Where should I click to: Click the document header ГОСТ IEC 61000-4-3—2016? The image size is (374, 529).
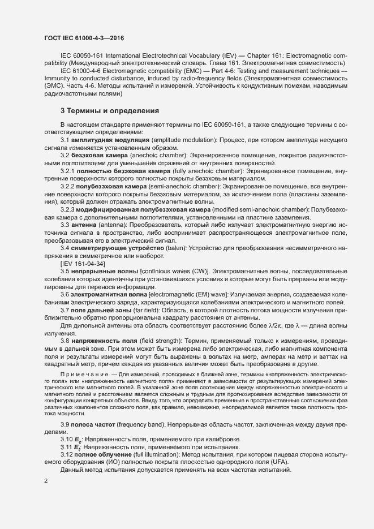pos(84,38)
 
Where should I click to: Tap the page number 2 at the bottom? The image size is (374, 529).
pos(46,481)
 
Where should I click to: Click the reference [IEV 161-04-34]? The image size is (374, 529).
pos(84,264)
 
